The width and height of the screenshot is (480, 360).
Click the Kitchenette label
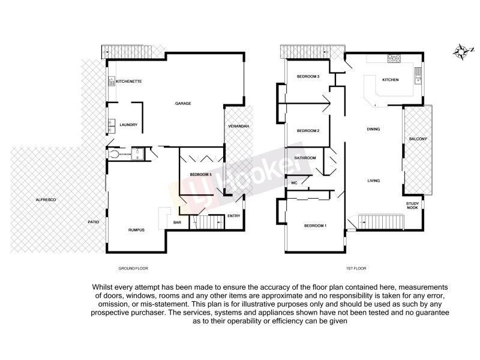click(128, 81)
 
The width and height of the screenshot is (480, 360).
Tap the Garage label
click(183, 103)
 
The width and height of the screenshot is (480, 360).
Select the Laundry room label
click(128, 125)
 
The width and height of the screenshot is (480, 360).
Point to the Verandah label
click(238, 126)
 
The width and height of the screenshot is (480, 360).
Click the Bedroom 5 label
click(201, 175)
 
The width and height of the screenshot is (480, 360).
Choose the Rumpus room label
click(137, 230)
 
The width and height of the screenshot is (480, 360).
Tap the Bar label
click(177, 223)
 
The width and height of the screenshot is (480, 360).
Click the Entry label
click(233, 216)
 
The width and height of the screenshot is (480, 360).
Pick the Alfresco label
click(46, 199)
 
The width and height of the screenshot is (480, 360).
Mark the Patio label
click(93, 222)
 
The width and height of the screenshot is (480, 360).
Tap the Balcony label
click(418, 139)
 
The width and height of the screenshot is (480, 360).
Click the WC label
click(295, 182)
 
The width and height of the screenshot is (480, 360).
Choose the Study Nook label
click(412, 206)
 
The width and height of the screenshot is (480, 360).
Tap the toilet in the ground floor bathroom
click(114, 154)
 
